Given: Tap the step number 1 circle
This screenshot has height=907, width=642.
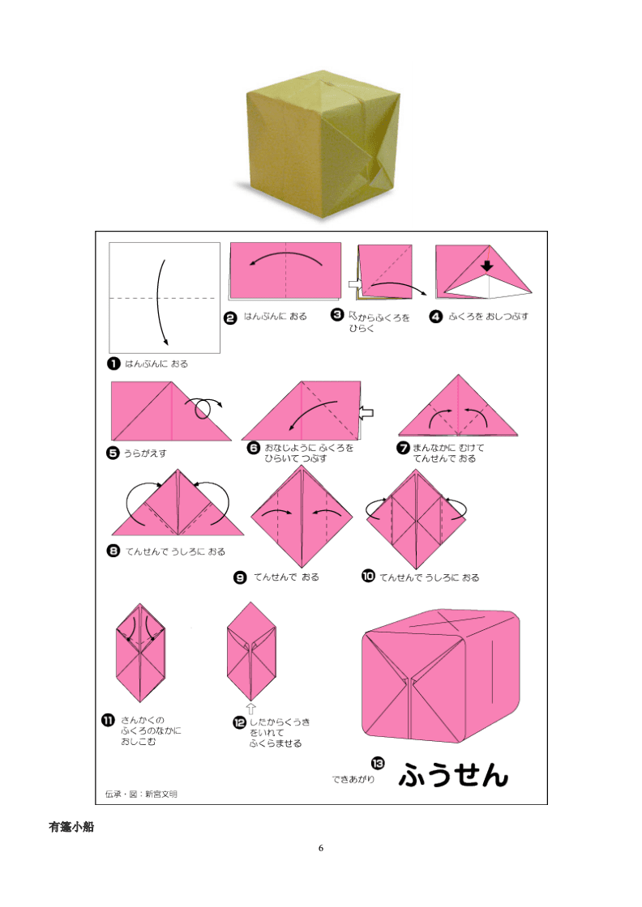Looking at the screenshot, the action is (x=113, y=364).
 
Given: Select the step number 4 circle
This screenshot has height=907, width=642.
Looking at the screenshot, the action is (x=435, y=317).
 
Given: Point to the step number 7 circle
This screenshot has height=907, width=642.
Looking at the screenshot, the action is (x=404, y=448).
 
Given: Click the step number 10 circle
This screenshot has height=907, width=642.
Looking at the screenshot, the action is (x=368, y=576).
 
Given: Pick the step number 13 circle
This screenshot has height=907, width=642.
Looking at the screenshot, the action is (x=378, y=764).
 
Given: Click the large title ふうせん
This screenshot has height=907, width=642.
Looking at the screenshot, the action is (x=453, y=774).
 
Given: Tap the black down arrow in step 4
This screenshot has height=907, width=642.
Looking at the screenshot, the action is (x=487, y=266).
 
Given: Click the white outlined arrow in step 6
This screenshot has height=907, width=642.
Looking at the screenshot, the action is (x=366, y=412).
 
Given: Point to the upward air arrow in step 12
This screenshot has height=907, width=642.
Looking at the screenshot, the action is (x=250, y=709).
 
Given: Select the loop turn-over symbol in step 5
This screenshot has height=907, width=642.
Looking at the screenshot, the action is (x=203, y=407).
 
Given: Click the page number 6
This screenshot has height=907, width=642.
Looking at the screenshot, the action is (x=321, y=848).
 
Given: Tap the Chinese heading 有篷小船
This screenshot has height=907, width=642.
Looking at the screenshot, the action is (x=71, y=827).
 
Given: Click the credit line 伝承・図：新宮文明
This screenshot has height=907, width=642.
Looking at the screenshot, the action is (x=141, y=794).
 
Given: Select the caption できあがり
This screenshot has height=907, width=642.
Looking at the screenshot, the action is (x=353, y=779).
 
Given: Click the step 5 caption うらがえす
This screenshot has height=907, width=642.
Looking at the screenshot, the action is (x=145, y=453).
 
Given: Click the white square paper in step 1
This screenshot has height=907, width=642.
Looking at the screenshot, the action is (x=165, y=297).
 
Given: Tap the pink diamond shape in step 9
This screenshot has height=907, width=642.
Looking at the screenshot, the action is (x=302, y=517).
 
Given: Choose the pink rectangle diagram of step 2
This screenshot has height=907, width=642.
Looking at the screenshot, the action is (x=285, y=270).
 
